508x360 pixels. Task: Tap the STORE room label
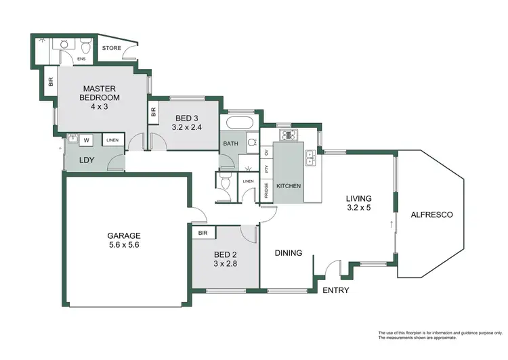111,49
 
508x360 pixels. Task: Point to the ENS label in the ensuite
81,59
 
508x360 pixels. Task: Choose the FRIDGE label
266,192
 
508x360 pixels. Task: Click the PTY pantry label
266,169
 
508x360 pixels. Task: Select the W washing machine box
87,141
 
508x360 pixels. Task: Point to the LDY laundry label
87,160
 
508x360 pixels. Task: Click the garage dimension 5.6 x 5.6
123,245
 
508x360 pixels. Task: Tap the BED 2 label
226,254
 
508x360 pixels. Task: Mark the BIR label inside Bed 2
203,232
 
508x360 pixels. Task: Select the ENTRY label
335,290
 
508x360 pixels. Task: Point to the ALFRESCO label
431,215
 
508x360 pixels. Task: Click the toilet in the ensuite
85,46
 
